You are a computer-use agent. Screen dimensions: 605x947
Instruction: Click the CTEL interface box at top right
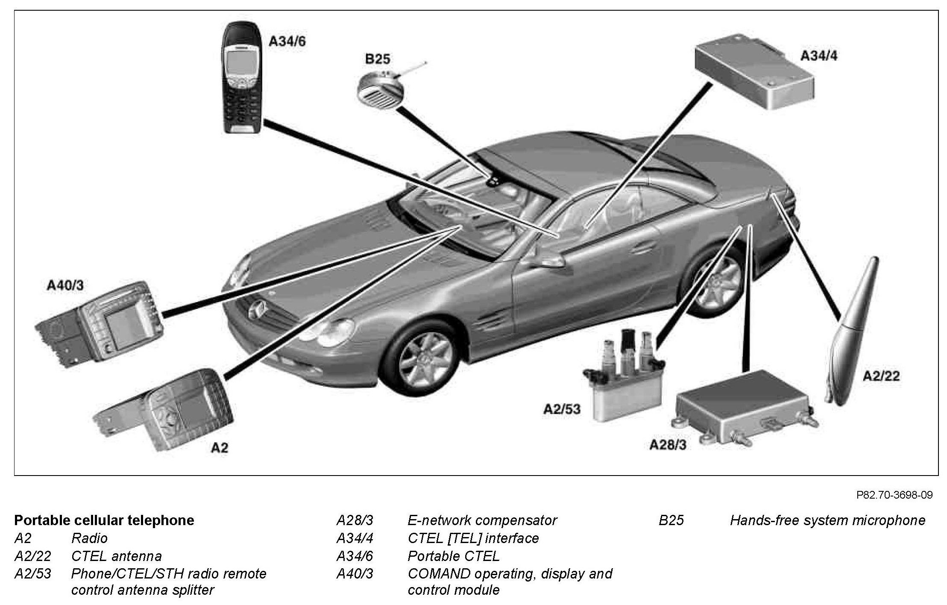coord(754,73)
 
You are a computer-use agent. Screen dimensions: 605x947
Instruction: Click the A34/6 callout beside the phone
coord(287,41)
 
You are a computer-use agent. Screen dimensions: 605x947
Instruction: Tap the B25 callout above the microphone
coord(378,59)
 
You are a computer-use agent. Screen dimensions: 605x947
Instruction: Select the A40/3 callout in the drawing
coord(65,286)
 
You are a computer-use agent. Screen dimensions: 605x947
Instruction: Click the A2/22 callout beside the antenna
coord(881,376)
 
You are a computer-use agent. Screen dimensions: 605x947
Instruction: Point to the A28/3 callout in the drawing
coord(668,445)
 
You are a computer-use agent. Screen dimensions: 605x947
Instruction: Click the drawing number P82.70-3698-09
coord(894,495)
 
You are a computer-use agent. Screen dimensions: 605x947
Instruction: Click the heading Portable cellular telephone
coord(104,520)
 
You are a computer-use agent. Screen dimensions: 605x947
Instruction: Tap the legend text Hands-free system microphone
coord(827,520)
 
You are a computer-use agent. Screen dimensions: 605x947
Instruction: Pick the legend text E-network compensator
coord(482,520)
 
